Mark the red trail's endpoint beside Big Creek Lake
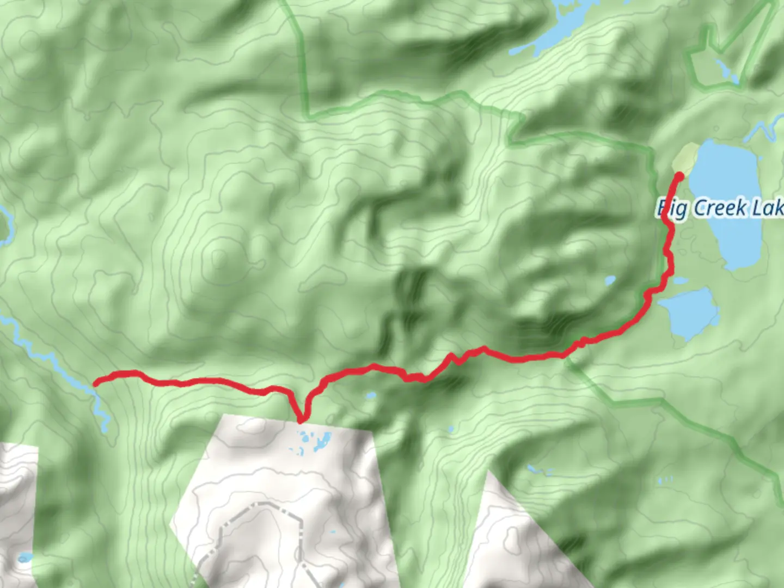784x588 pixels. (x=679, y=175)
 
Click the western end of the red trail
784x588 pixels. (x=96, y=383)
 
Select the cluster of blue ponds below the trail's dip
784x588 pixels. (x=313, y=441)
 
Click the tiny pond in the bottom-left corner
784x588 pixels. (x=24, y=558)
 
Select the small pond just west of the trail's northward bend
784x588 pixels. (x=610, y=281)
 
